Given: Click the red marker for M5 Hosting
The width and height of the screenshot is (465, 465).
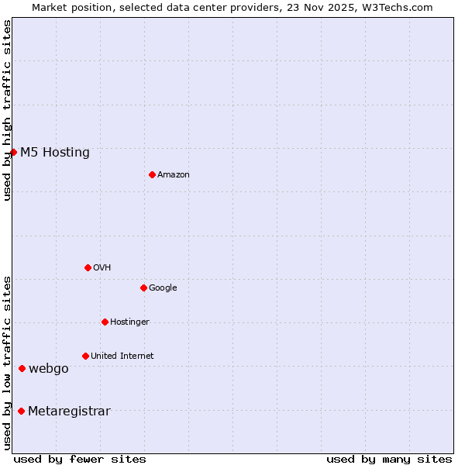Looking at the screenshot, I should click(13, 152).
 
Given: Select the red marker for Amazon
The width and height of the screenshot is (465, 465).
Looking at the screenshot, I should click(152, 174).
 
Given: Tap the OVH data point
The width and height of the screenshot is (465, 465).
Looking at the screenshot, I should click(88, 267).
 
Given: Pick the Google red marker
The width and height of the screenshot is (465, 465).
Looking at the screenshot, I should click(143, 288).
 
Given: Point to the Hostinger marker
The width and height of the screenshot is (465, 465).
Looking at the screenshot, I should click(105, 322).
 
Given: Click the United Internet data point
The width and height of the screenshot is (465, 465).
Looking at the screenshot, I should click(85, 356).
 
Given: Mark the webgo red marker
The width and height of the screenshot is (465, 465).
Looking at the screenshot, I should click(22, 368).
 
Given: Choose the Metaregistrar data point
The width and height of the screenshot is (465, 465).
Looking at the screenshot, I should click(21, 411).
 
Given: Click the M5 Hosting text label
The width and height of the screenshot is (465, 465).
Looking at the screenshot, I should click(55, 152).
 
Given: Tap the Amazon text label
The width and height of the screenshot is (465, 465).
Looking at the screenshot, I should click(174, 174).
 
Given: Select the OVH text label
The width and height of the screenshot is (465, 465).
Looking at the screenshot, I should click(102, 267).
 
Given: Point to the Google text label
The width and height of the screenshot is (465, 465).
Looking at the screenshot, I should click(163, 288).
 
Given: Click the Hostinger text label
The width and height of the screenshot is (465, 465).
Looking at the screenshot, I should click(129, 322).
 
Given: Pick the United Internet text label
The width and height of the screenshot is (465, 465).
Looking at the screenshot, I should click(122, 356).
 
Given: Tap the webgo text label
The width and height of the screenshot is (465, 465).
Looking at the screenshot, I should click(49, 368).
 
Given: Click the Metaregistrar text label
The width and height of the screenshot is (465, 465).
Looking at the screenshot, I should click(69, 411).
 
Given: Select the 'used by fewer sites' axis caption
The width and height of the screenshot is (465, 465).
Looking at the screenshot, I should click(80, 459).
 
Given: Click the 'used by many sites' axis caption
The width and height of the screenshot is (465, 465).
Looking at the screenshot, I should click(389, 459).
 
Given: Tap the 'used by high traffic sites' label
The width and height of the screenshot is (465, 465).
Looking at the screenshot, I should click(7, 110).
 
